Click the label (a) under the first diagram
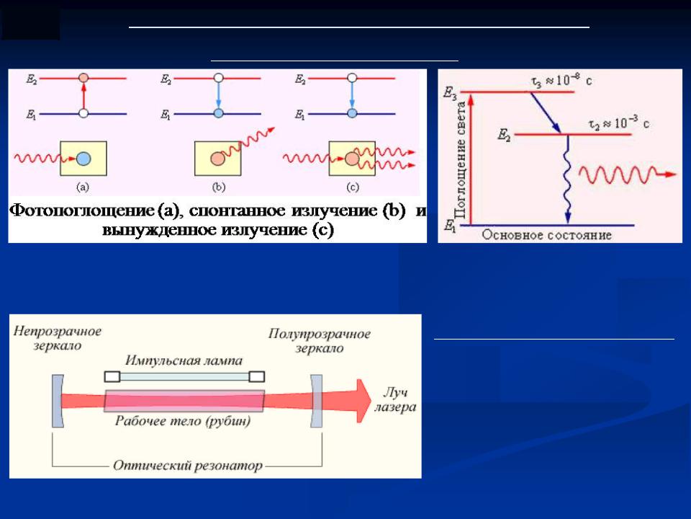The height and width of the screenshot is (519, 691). tap(83, 187)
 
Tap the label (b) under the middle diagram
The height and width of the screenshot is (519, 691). tap(219, 187)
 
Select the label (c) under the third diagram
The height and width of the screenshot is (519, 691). tap(353, 187)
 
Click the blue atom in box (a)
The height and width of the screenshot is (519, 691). tap(83, 159)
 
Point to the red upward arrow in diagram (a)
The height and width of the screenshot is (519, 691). tap(83, 96)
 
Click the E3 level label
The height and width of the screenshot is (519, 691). tap(450, 94)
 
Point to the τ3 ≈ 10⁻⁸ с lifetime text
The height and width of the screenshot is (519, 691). tap(561, 81)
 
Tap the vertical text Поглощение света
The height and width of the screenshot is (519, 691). tap(461, 160)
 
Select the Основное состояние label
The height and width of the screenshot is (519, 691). tap(547, 235)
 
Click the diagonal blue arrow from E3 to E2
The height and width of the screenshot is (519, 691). tap(545, 112)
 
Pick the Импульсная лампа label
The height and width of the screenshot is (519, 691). tap(184, 360)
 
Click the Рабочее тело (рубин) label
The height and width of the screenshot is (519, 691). tap(183, 420)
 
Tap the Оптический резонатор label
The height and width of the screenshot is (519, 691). tap(188, 466)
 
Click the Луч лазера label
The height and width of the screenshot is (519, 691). tap(395, 399)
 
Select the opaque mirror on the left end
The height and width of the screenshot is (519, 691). tap(58, 402)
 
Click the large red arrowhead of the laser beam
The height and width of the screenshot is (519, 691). tap(363, 401)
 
